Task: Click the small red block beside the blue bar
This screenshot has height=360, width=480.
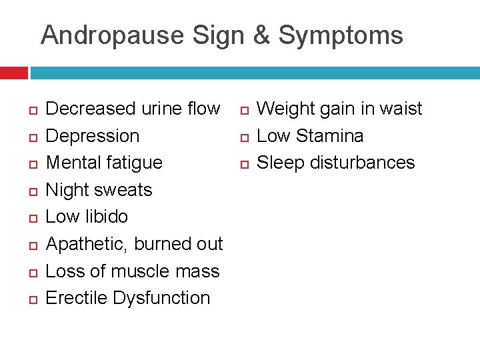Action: click(13, 73)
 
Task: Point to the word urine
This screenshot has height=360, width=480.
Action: click(163, 109)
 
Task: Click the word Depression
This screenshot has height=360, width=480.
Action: click(93, 136)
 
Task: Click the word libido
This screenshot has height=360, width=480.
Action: click(106, 217)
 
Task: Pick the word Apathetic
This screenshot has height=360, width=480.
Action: click(86, 245)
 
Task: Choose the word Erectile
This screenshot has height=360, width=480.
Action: click(77, 298)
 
